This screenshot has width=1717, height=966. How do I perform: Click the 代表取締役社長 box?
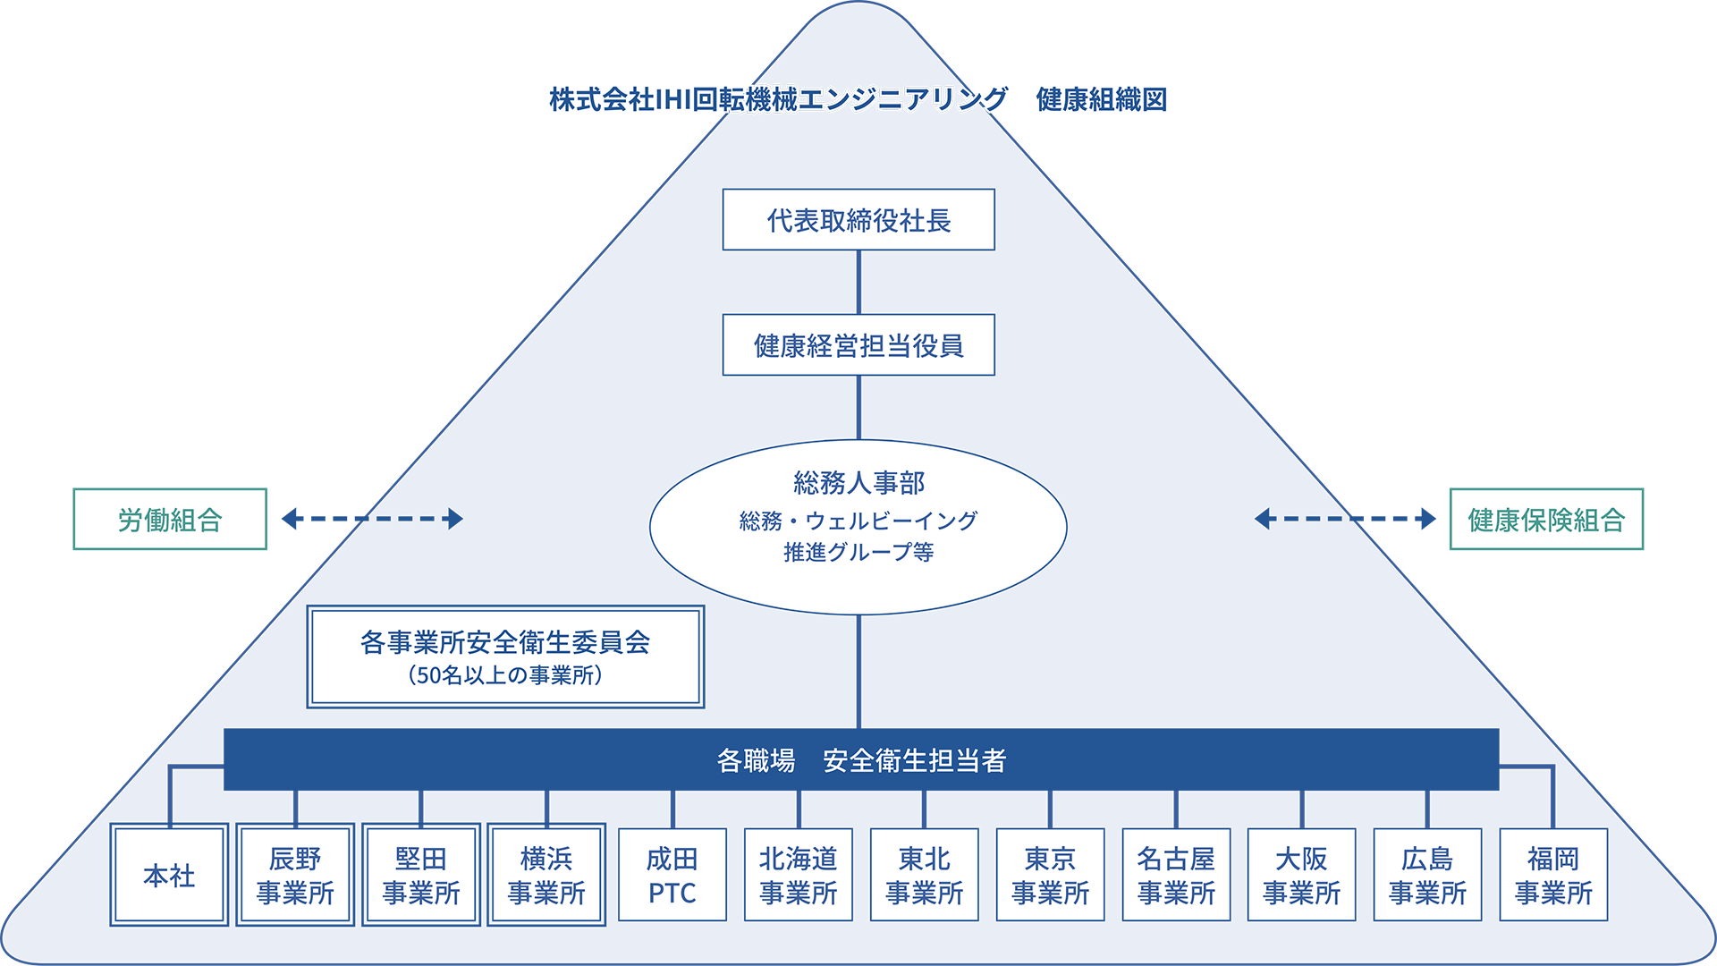click(858, 219)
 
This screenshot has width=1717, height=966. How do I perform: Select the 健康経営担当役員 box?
click(858, 344)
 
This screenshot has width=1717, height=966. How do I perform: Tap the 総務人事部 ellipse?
click(858, 527)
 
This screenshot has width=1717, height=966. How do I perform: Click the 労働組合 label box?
click(170, 519)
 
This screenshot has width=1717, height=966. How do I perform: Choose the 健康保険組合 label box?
click(1546, 519)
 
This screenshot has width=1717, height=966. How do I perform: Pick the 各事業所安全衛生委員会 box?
click(505, 657)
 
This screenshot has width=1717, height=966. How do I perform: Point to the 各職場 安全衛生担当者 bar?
click(861, 759)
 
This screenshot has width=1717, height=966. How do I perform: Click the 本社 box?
click(169, 875)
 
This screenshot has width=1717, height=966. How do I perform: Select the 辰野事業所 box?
click(295, 875)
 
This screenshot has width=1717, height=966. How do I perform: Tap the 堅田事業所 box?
click(421, 875)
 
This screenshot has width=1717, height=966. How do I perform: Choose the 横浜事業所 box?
click(546, 875)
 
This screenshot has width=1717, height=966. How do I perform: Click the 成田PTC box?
click(672, 875)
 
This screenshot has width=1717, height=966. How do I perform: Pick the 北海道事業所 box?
click(799, 875)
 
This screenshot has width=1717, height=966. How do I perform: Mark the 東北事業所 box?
click(925, 875)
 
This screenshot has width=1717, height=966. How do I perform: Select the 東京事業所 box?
click(1051, 875)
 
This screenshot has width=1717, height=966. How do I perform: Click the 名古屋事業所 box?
click(1176, 875)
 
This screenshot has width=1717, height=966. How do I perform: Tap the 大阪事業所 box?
click(1302, 875)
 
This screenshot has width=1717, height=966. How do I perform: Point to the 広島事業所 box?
click(1428, 875)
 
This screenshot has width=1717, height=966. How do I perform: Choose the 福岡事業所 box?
click(1553, 875)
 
